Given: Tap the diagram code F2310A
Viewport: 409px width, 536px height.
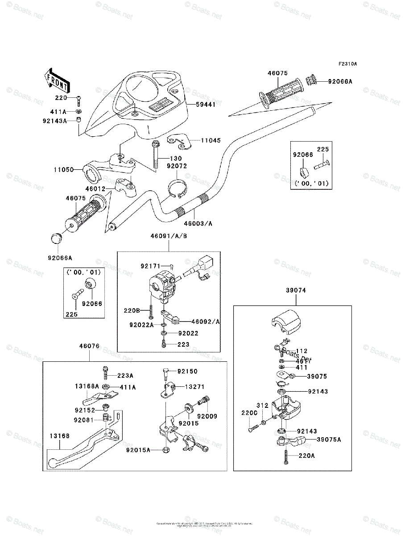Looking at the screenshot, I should click(347, 64).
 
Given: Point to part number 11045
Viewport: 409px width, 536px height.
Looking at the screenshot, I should click(211, 140).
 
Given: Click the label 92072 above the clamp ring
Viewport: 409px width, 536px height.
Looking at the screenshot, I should click(177, 166).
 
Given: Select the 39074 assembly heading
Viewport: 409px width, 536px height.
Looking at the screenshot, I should click(293, 290).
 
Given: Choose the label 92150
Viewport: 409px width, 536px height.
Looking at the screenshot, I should click(187, 372).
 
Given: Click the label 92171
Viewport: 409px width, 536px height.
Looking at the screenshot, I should click(149, 266).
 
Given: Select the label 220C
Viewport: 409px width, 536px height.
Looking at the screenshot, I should click(249, 413).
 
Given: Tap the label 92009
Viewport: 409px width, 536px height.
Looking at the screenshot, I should click(207, 416).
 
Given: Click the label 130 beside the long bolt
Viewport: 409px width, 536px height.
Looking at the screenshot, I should click(175, 159).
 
